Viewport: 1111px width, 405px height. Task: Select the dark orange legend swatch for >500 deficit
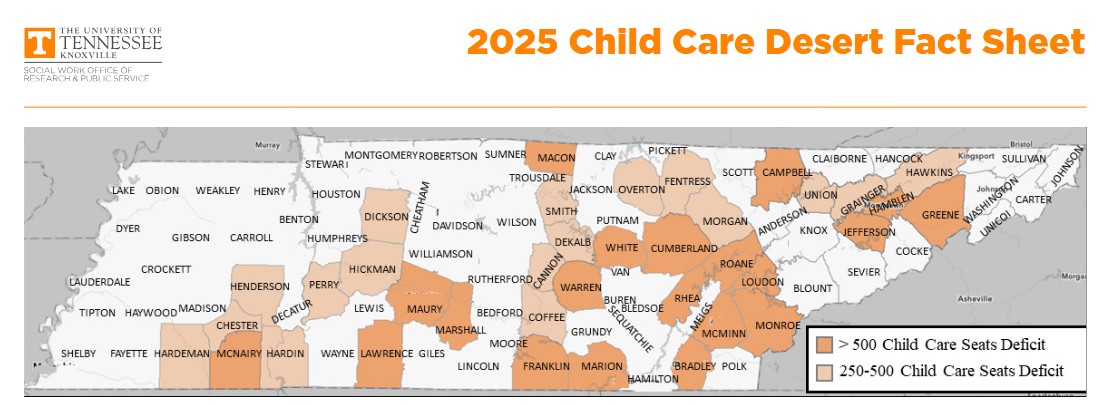click(x=824, y=345)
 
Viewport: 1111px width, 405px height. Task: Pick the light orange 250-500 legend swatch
click(x=824, y=371)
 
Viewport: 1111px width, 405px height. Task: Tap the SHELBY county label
click(x=78, y=354)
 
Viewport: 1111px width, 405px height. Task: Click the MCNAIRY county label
click(x=239, y=354)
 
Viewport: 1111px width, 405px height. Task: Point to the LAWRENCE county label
click(x=386, y=354)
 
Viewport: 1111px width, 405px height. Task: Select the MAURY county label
click(x=424, y=309)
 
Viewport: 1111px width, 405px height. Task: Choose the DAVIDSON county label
click(x=457, y=225)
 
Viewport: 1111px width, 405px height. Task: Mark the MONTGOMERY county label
click(x=380, y=155)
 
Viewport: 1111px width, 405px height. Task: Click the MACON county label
click(x=556, y=158)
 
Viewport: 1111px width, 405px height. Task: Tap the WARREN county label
click(x=580, y=288)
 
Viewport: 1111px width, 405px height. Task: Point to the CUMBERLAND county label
click(x=685, y=248)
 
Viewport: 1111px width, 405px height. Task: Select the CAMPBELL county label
click(x=787, y=171)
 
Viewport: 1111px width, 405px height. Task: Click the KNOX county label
click(x=814, y=231)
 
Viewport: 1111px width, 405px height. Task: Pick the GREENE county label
click(x=940, y=215)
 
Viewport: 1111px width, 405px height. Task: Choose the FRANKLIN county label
click(x=546, y=366)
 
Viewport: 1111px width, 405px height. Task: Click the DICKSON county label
click(x=386, y=216)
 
